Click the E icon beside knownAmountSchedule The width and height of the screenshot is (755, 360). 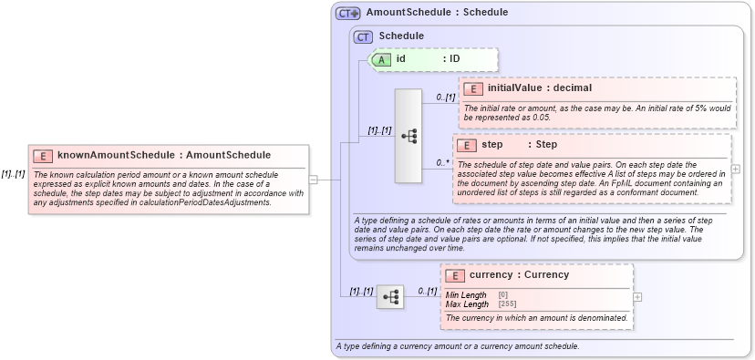click(42, 156)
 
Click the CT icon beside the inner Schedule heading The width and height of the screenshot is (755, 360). click(363, 36)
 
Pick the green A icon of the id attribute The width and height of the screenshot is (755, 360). click(384, 59)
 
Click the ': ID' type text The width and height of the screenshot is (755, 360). click(451, 59)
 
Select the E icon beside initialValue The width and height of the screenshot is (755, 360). click(473, 88)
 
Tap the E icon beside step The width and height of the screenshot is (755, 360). click(466, 145)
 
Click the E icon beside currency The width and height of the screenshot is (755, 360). click(454, 275)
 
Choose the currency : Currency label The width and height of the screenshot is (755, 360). click(519, 275)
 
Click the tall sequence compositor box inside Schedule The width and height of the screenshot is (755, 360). click(408, 136)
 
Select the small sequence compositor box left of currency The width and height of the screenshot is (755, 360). click(390, 296)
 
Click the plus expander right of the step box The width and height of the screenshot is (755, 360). click(736, 169)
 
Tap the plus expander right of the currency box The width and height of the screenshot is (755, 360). click(637, 296)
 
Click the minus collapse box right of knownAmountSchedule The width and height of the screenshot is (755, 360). click(313, 179)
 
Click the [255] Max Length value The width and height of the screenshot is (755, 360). click(503, 304)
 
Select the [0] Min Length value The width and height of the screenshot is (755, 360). click(503, 295)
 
